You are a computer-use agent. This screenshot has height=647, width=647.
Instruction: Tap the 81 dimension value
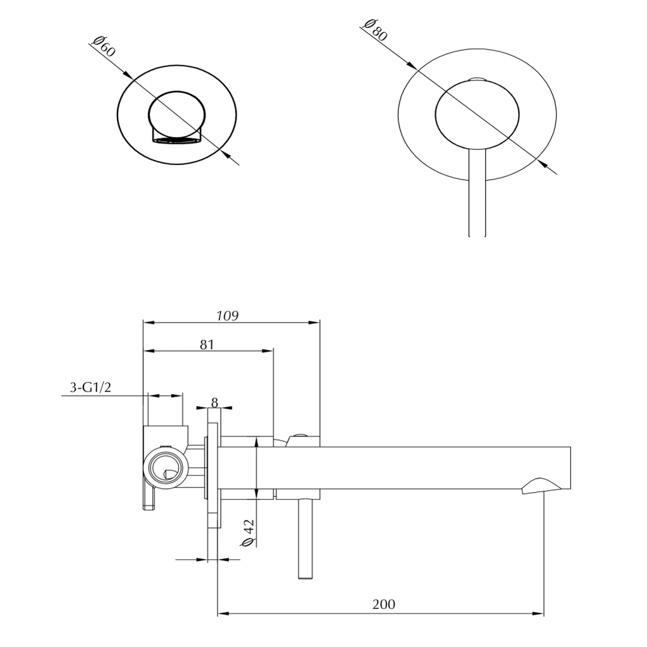[207, 344]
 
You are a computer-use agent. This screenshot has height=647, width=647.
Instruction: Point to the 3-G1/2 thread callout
[90, 387]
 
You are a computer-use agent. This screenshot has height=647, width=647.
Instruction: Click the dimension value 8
[214, 402]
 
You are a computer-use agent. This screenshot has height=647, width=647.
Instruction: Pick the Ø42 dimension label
[249, 532]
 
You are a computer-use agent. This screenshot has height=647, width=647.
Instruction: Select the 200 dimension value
[384, 604]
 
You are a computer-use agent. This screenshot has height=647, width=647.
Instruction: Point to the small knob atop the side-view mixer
[299, 436]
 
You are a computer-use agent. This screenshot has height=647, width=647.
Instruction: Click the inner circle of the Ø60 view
[177, 114]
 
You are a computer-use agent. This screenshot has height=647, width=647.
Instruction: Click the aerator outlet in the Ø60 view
[175, 139]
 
